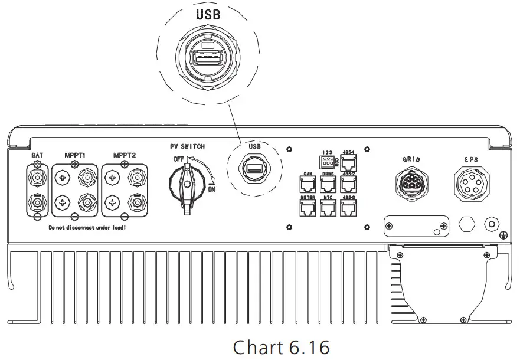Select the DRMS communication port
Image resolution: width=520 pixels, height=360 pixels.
(328, 183)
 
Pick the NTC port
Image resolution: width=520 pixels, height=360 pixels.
(328, 207)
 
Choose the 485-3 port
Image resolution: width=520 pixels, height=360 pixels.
(348, 207)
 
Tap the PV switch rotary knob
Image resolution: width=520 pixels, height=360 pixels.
(187, 184)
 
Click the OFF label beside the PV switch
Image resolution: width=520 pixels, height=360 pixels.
(178, 159)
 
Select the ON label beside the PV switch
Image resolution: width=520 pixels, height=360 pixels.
(212, 189)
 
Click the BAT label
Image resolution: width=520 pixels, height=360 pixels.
(37, 155)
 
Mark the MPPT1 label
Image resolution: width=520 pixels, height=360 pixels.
(75, 155)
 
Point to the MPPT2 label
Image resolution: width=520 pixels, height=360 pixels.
(125, 155)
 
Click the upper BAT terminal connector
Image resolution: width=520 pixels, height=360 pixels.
(38, 176)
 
